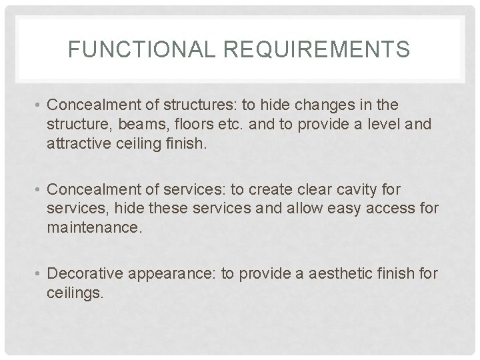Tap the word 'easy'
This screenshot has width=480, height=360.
(335, 209)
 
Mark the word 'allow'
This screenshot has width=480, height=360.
(288, 209)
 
